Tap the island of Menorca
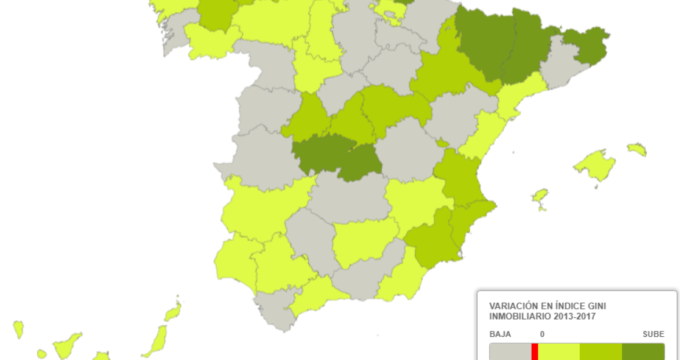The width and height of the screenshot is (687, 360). pos(637,149)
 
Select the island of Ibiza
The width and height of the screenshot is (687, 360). pos(540,197)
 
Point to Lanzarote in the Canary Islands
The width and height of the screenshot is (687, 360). pos(173,312)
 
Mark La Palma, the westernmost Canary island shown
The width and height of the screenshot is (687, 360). pos(18,330)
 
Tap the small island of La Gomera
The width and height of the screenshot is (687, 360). pos(41,354)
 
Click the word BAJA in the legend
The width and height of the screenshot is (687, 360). pos(500,334)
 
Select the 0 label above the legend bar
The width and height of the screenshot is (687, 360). pos(542,334)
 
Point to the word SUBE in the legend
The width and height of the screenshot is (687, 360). pos(653,334)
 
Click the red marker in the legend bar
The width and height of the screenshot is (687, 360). pos(535,351)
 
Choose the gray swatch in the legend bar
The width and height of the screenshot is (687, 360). pos(510,351)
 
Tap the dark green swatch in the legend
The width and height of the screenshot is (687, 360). pos(643,351)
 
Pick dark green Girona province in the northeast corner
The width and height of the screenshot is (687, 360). pos(586,46)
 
